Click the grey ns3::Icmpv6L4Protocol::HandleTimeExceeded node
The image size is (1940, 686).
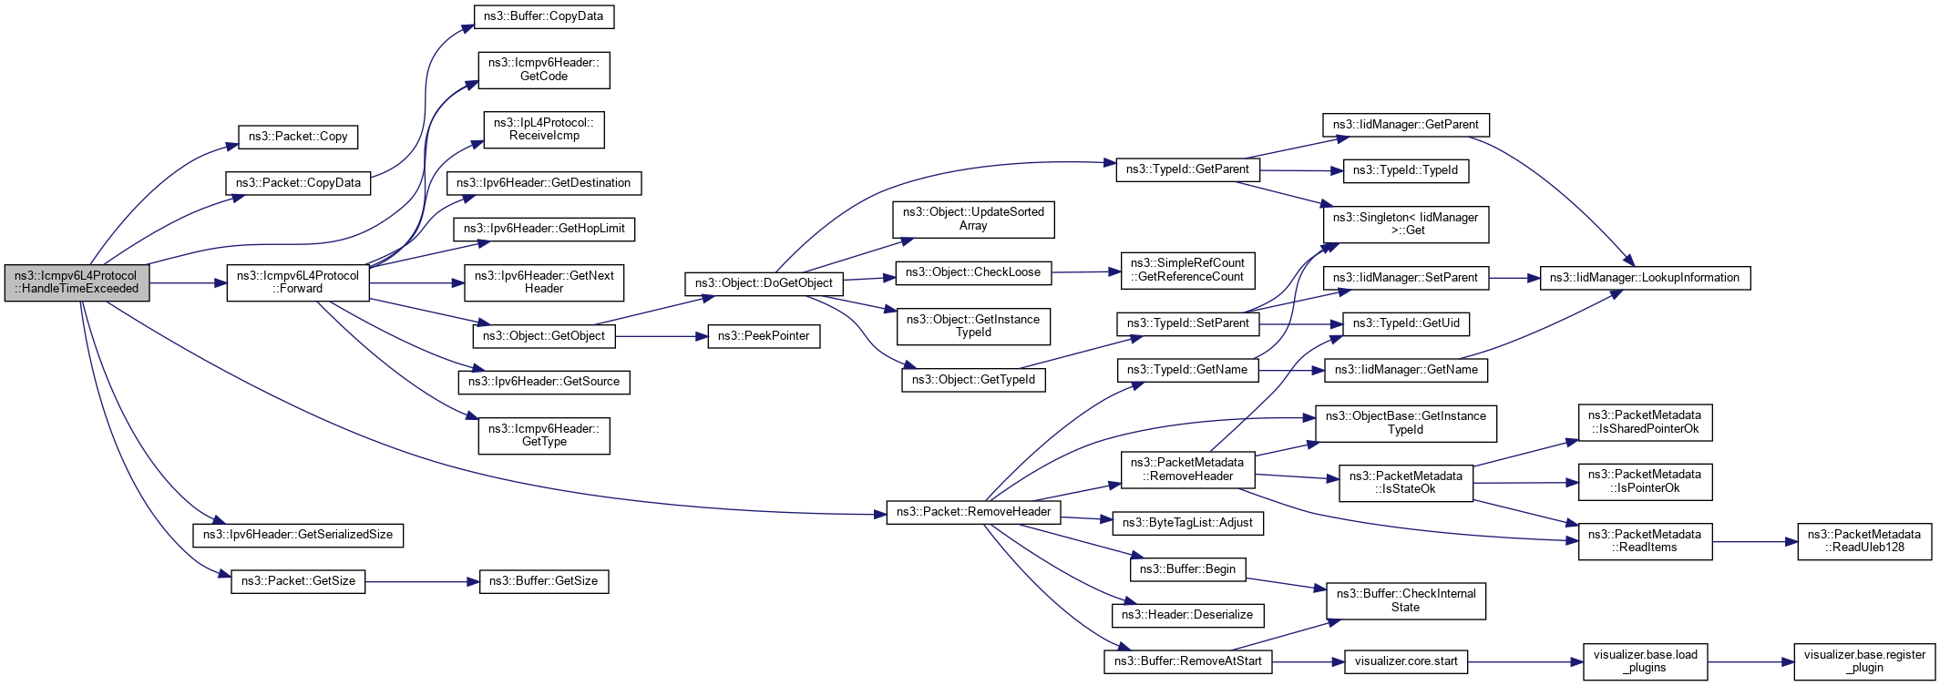click(77, 282)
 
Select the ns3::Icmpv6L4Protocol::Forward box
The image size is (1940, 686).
click(297, 282)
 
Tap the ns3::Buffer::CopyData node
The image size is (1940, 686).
click(544, 16)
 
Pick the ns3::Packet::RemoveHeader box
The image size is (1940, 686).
click(973, 512)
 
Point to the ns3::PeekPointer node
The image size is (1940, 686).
click(764, 336)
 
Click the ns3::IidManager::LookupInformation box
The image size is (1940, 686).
click(1644, 278)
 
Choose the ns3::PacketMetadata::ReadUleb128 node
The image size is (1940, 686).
click(1863, 541)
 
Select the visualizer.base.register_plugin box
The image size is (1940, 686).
click(1863, 661)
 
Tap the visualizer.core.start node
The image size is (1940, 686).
click(1405, 661)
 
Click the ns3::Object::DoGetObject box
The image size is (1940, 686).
click(764, 283)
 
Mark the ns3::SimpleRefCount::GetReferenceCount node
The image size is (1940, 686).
click(1187, 270)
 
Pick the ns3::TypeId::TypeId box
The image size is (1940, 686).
click(1405, 170)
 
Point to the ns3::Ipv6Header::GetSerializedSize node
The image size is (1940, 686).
click(297, 535)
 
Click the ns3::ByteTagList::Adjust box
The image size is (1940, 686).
click(1187, 523)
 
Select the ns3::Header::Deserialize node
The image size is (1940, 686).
click(1186, 615)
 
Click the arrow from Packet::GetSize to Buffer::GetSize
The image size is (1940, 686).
click(422, 581)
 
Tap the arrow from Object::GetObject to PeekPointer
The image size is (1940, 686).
click(662, 336)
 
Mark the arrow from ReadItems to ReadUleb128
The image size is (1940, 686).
click(1754, 541)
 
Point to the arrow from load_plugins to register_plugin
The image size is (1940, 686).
click(1750, 661)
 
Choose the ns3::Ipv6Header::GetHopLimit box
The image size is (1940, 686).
click(544, 229)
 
